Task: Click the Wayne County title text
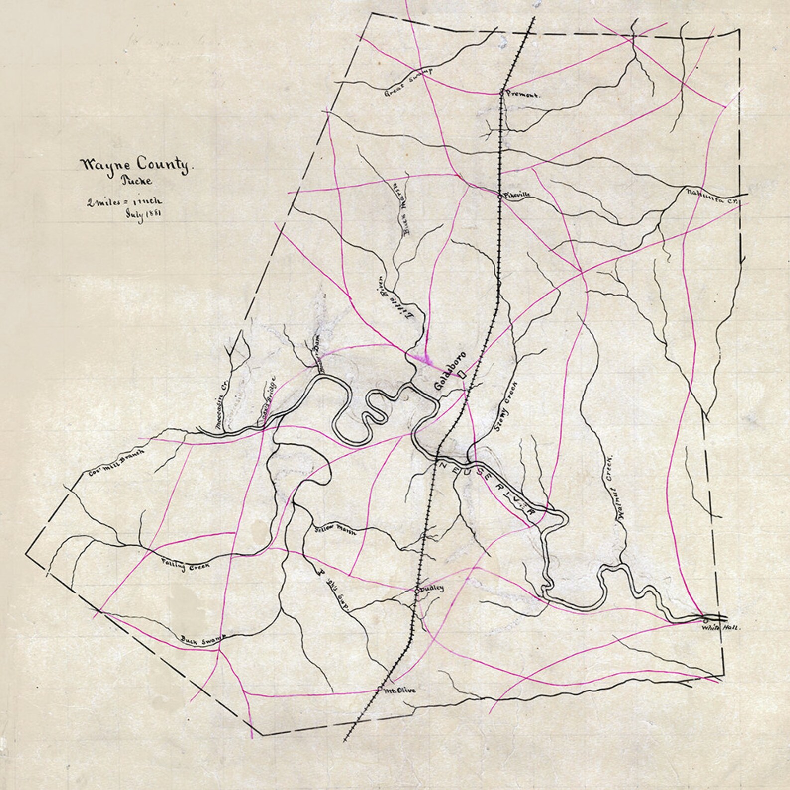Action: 134,165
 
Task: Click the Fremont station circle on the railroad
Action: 501,92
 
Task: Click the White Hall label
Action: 720,628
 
